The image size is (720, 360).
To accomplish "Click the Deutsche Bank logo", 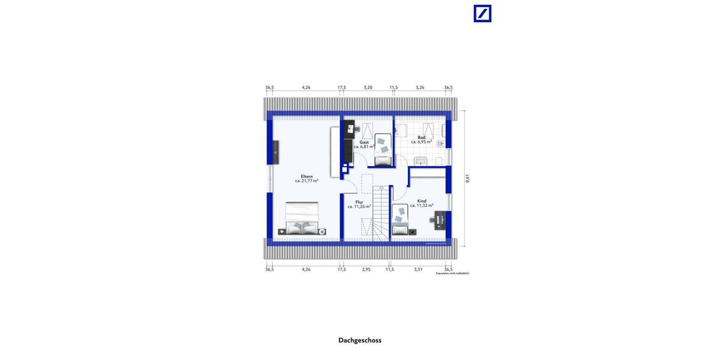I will pos(482,13).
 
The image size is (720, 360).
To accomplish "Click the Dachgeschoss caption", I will pos(359,340).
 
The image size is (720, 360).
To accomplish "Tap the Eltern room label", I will pos(307,176).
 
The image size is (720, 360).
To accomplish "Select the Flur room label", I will pos(359,202).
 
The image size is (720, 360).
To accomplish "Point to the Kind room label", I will pos(421,201).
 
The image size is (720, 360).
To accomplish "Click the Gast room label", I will pos(364,142).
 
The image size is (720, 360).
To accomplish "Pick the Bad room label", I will pos(422,137).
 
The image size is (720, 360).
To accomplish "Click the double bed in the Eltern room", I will pos(302,218).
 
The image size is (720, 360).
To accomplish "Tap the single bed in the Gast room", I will pos(382,150).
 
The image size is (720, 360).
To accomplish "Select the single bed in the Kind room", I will pos(400,220).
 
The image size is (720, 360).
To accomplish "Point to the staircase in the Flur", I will pos(380,213).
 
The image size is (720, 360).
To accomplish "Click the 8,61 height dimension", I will pos(467,179).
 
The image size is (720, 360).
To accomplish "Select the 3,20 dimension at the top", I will pos(368,88).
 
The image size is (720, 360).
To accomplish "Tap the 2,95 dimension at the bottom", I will pos(366,269).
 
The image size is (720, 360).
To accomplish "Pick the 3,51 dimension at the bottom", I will pos(418,269).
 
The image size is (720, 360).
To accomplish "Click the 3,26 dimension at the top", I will pos(420,88).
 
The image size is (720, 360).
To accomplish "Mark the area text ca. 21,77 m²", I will pos(307,181).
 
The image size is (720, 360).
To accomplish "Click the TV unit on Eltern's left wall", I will pos(275,151).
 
